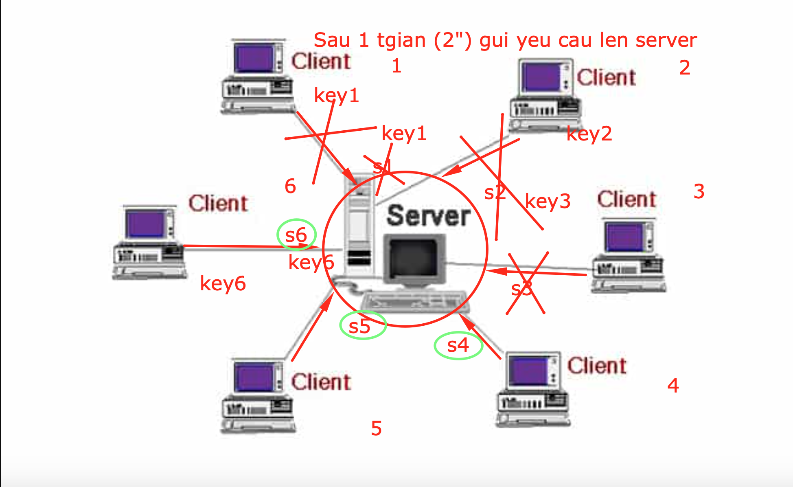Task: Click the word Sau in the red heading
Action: click(332, 40)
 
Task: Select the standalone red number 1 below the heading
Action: click(396, 66)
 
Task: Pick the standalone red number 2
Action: click(685, 68)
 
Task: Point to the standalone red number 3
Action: click(699, 191)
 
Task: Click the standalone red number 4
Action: click(673, 386)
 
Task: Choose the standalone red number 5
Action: click(376, 428)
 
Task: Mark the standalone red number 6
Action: click(290, 186)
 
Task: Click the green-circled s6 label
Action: click(296, 235)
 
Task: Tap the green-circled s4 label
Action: click(458, 346)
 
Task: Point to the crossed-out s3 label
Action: click(522, 289)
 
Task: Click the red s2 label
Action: click(495, 193)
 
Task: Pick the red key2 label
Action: click(589, 134)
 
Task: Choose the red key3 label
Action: click(548, 201)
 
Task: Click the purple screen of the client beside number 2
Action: click(541, 77)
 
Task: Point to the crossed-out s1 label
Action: click(382, 167)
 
